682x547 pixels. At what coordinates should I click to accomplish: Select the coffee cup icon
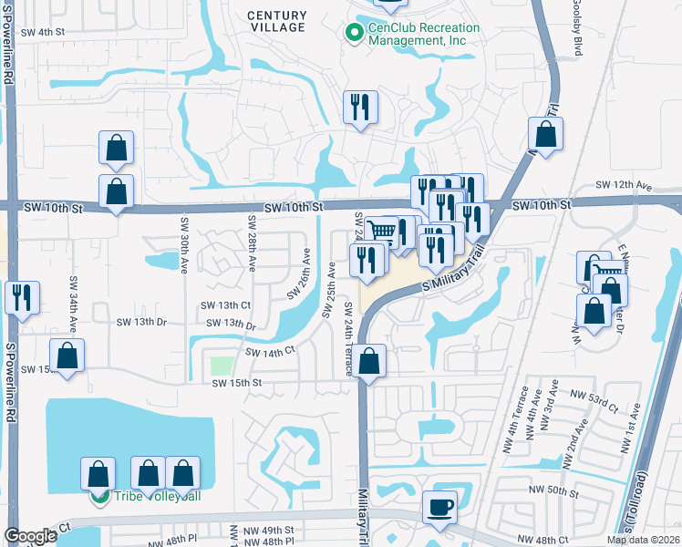pos(440,509)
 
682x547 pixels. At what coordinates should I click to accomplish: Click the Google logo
pos(30,536)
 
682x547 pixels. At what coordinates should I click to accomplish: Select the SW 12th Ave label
pos(625,186)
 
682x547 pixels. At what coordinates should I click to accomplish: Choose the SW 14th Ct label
pos(271,350)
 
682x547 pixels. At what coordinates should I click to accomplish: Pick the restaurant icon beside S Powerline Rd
pos(21,297)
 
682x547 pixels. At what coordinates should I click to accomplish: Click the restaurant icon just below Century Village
pos(360,108)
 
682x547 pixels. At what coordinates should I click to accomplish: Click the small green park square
pos(222,366)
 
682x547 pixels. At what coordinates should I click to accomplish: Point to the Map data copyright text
pos(643,540)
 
